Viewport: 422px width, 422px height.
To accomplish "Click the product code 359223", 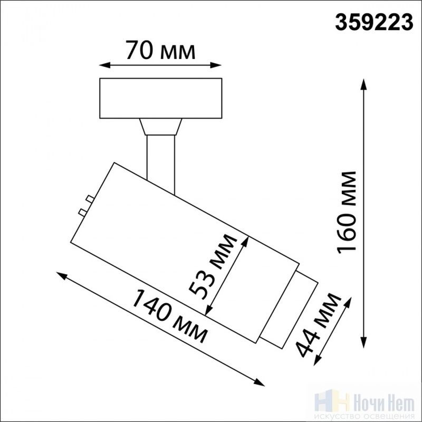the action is [x=374, y=22].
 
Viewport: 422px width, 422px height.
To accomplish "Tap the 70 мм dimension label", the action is [x=160, y=50].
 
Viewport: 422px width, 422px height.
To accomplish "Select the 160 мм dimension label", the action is [x=347, y=213].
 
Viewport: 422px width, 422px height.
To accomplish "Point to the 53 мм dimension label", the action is [x=212, y=266].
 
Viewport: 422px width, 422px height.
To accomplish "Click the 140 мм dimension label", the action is [x=169, y=315].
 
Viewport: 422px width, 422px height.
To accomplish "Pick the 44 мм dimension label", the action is [x=318, y=325].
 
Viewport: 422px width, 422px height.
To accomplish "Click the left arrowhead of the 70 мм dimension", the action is [x=104, y=65].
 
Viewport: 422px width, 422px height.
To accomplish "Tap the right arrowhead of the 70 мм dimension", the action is [x=216, y=65].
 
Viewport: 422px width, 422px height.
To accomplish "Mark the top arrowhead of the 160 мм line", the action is [x=364, y=84].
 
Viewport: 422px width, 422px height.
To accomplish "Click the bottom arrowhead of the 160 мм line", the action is [x=364, y=342].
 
